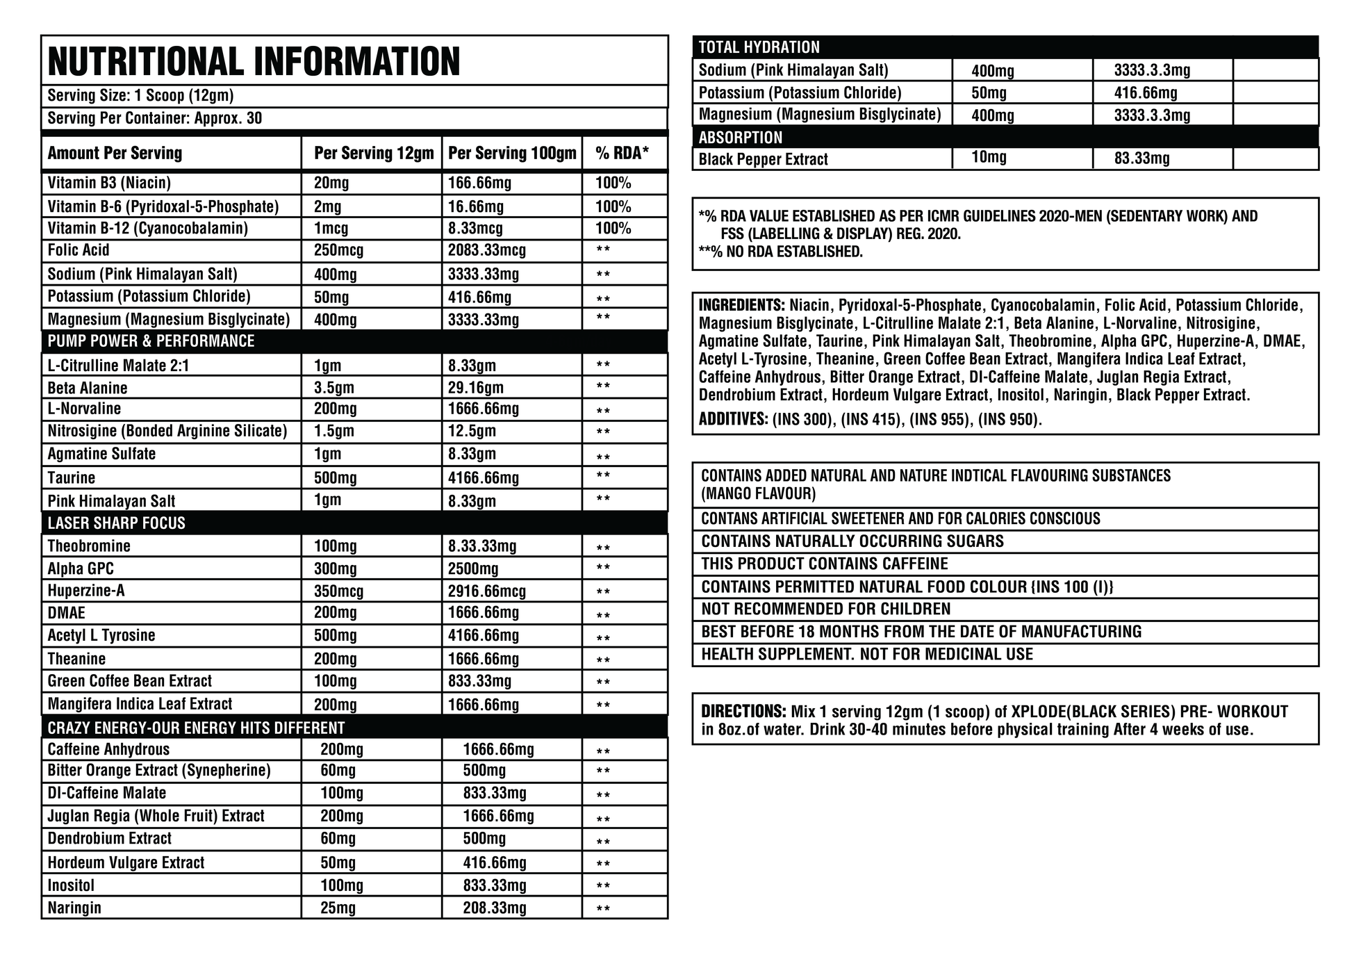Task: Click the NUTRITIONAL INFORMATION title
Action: tap(254, 61)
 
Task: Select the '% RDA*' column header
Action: tap(622, 153)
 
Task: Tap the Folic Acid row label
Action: tap(79, 250)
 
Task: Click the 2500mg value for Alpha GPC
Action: tap(473, 568)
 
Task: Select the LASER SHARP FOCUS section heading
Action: tap(116, 523)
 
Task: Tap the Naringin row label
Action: tap(74, 908)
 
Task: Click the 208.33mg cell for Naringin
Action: tap(495, 908)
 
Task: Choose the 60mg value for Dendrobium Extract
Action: tap(338, 839)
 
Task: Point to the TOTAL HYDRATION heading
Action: tap(759, 47)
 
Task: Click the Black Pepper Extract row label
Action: tap(763, 159)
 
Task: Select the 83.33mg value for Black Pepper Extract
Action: tap(1142, 158)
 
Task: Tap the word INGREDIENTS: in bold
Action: tap(741, 305)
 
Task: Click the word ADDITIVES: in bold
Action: tap(733, 420)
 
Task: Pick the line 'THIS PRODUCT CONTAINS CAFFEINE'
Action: tap(824, 564)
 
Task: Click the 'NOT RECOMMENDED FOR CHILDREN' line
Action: tap(825, 609)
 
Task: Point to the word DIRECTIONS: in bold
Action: tap(743, 712)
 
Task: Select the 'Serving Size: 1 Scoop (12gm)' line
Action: tap(140, 96)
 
